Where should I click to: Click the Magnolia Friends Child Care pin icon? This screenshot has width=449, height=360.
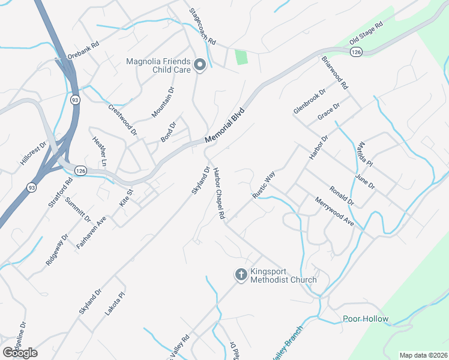(200, 65)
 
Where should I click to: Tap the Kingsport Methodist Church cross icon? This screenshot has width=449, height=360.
(241, 275)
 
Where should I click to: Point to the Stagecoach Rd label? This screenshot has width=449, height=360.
(202, 28)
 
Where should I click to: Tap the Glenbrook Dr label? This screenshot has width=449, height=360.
(309, 101)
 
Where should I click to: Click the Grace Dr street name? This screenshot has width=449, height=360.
(329, 112)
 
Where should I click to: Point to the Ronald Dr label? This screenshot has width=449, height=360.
(342, 195)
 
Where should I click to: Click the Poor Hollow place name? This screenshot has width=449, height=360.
(366, 319)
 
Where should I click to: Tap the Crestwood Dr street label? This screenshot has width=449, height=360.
(122, 118)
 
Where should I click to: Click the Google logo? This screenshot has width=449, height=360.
(19, 353)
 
